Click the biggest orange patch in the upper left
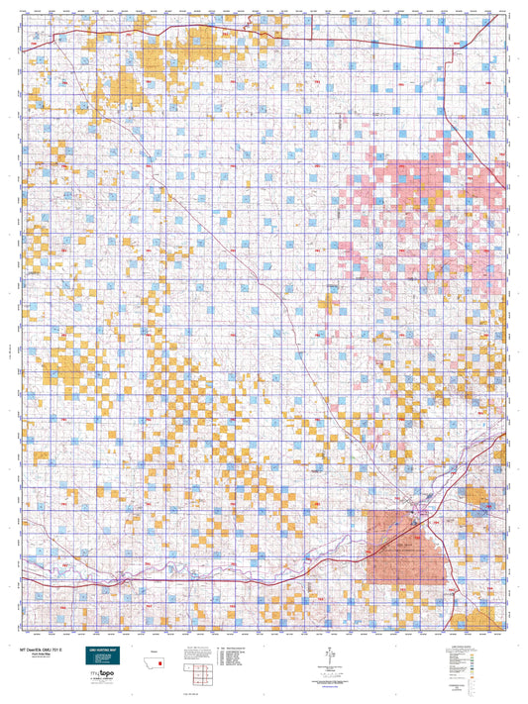[126, 86]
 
